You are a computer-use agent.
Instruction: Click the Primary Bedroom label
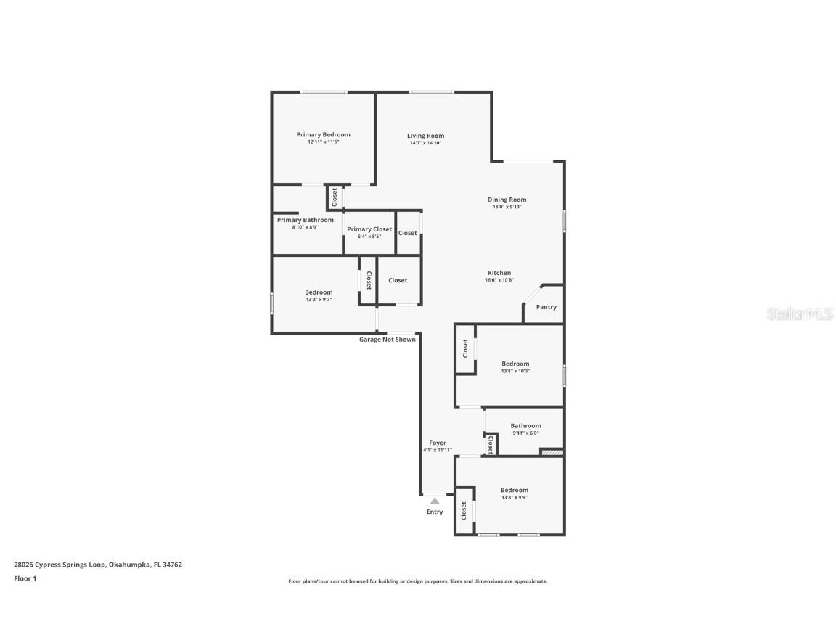click(323, 134)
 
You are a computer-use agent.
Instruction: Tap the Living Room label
click(425, 136)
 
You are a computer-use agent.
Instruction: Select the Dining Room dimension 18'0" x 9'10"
click(507, 207)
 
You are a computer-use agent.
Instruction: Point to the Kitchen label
click(499, 273)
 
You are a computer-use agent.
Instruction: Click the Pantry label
click(546, 307)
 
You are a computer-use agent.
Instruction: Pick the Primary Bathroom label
click(305, 220)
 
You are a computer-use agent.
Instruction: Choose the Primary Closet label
click(369, 229)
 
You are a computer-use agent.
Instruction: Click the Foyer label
click(438, 443)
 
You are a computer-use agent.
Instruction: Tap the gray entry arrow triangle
click(434, 500)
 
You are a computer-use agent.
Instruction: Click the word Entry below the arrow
click(434, 512)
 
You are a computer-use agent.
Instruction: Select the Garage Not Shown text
click(388, 339)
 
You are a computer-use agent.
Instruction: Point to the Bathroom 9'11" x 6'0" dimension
click(525, 433)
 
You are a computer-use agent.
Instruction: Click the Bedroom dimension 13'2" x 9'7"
click(319, 299)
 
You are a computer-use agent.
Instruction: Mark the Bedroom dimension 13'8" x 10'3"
click(515, 371)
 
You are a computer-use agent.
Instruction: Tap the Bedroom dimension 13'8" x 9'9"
click(514, 497)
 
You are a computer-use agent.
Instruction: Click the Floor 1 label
click(25, 578)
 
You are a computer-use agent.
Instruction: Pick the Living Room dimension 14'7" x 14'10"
click(425, 143)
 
